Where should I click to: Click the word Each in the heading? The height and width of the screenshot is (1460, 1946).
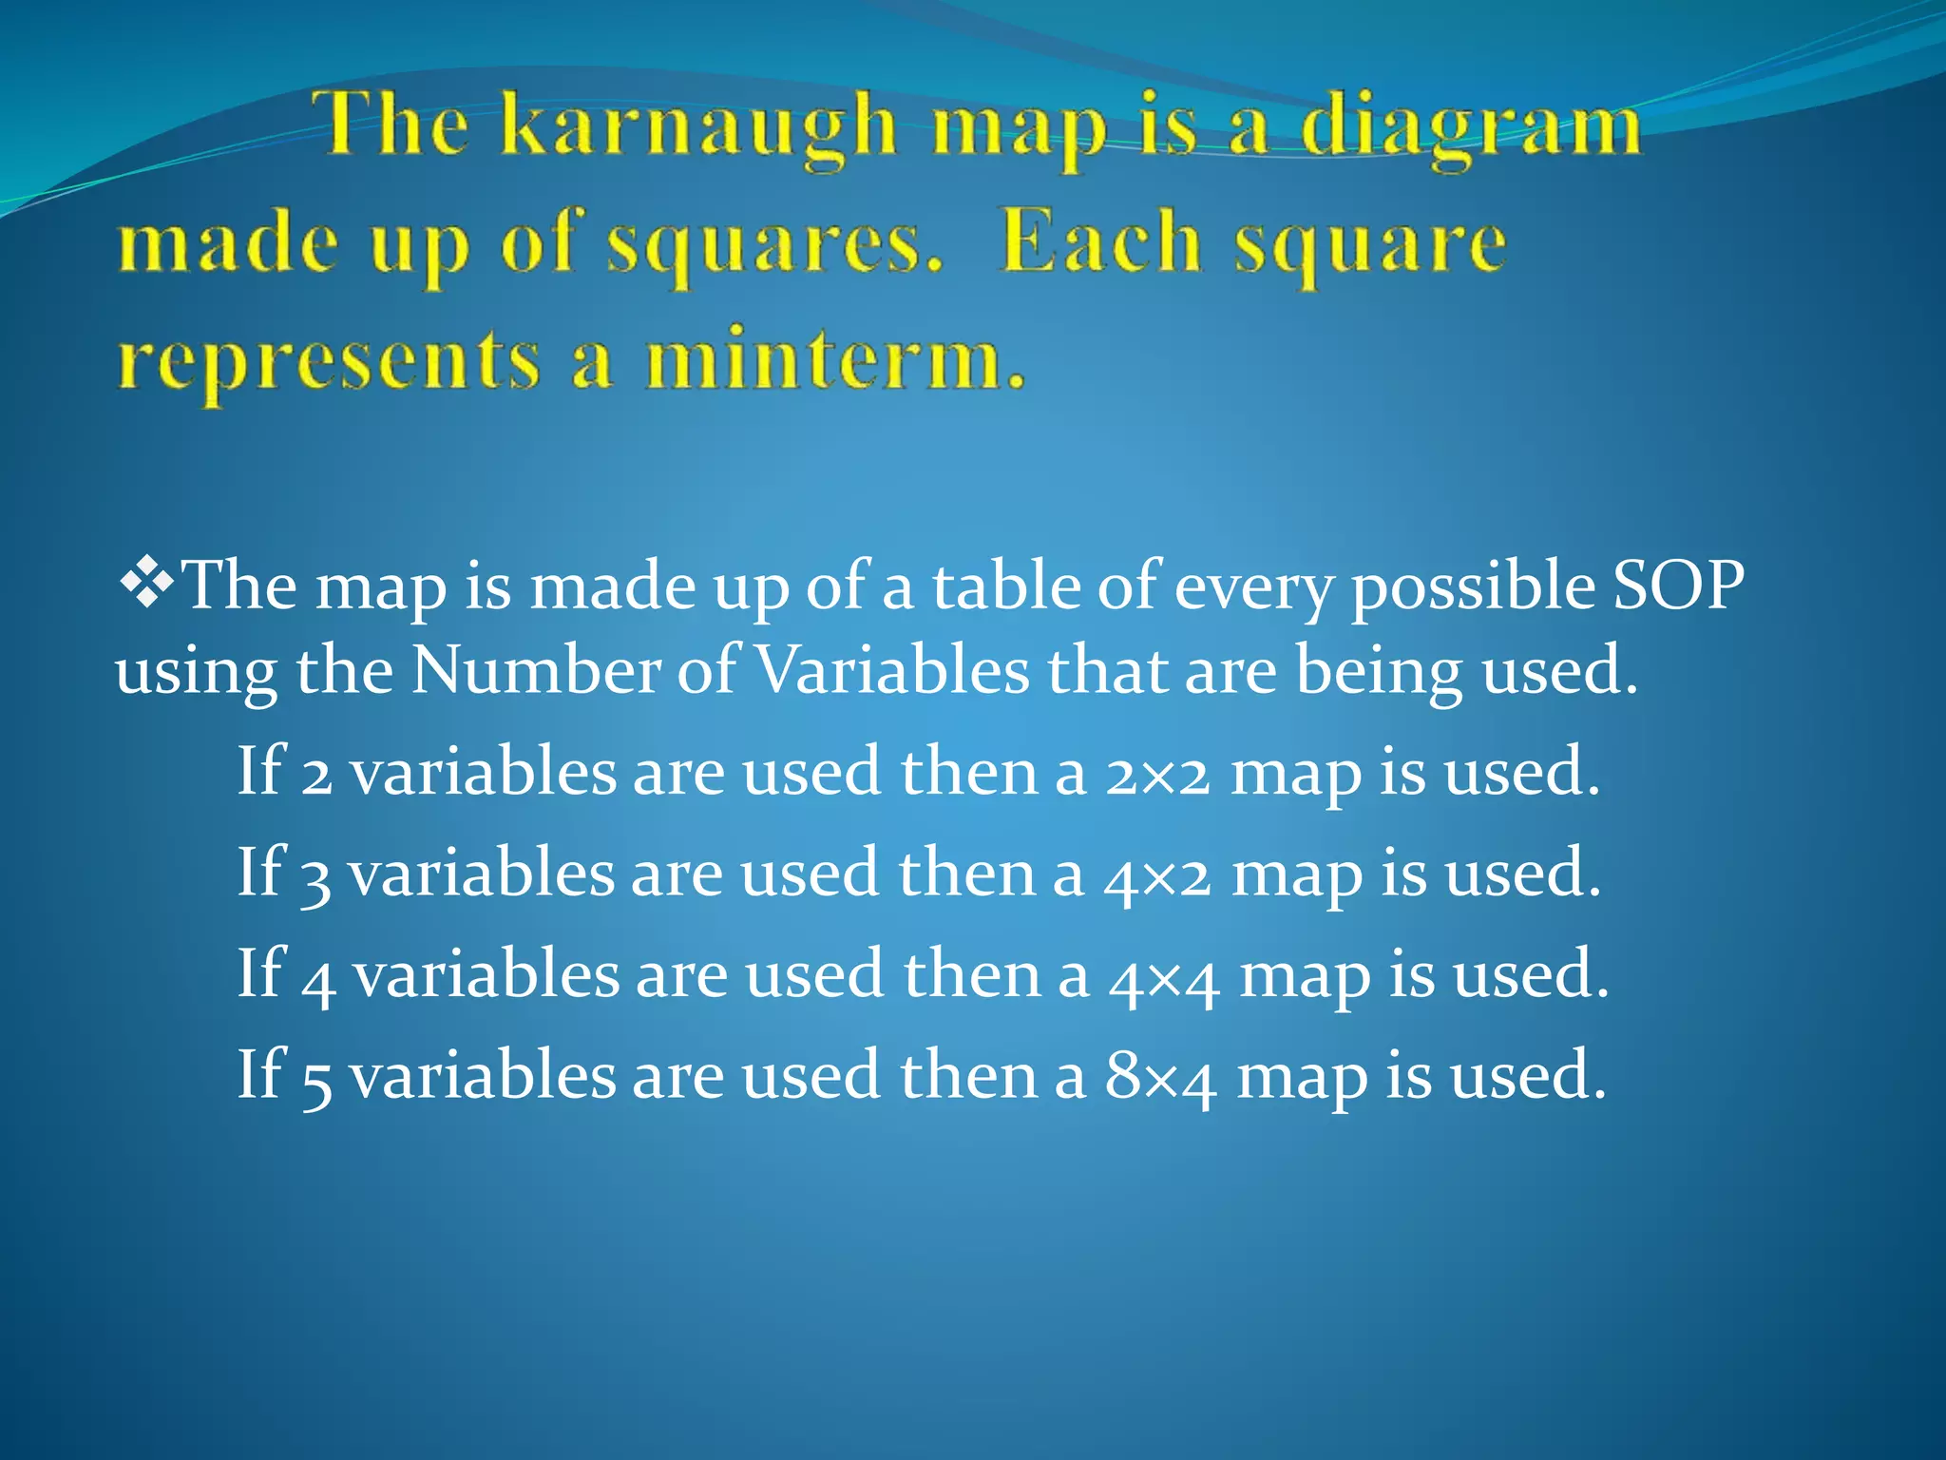tap(1100, 243)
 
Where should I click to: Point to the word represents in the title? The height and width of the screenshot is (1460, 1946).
tap(329, 364)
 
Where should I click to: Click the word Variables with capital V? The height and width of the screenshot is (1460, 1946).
tap(893, 671)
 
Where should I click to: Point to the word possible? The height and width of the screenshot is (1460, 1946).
tap(1473, 587)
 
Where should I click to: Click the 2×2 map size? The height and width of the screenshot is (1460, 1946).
tap(1157, 773)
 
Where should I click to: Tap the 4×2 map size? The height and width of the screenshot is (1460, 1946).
tap(1157, 874)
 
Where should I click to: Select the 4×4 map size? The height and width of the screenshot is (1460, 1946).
tap(1163, 977)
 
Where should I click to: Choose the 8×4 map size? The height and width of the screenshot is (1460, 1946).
tap(1159, 1078)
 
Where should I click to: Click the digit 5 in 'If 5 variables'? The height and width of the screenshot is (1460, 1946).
tap(316, 1081)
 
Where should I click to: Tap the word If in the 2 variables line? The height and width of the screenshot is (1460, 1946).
tap(260, 771)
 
